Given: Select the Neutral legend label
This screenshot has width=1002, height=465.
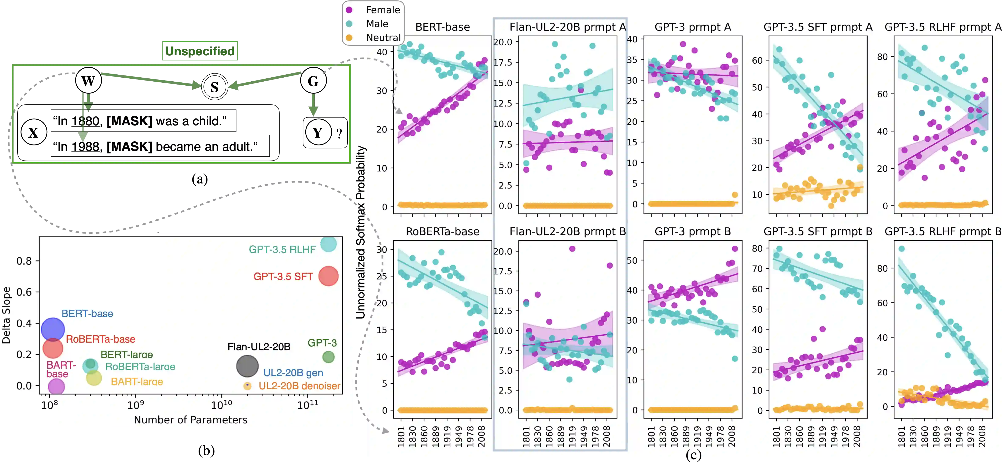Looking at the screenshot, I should [383, 38].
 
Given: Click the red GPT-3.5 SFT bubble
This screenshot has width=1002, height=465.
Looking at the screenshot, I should [328, 276].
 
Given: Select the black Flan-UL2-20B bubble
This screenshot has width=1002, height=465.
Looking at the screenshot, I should [247, 366].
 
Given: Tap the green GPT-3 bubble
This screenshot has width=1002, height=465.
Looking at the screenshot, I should [328, 357].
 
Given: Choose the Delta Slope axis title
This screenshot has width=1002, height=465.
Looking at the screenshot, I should [6, 315].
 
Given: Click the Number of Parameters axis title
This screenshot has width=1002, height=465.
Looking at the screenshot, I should [191, 420].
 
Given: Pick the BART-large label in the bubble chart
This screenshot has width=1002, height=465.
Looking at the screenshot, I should [137, 382].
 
